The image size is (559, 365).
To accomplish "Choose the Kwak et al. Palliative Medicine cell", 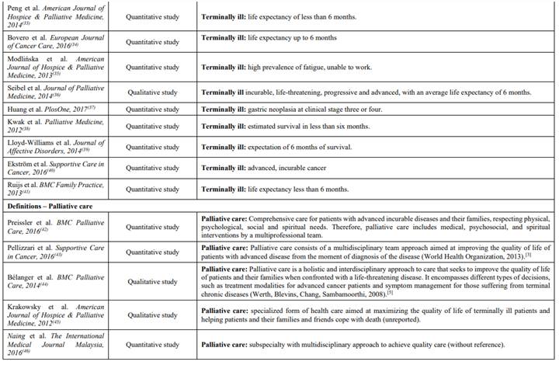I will (53, 126).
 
